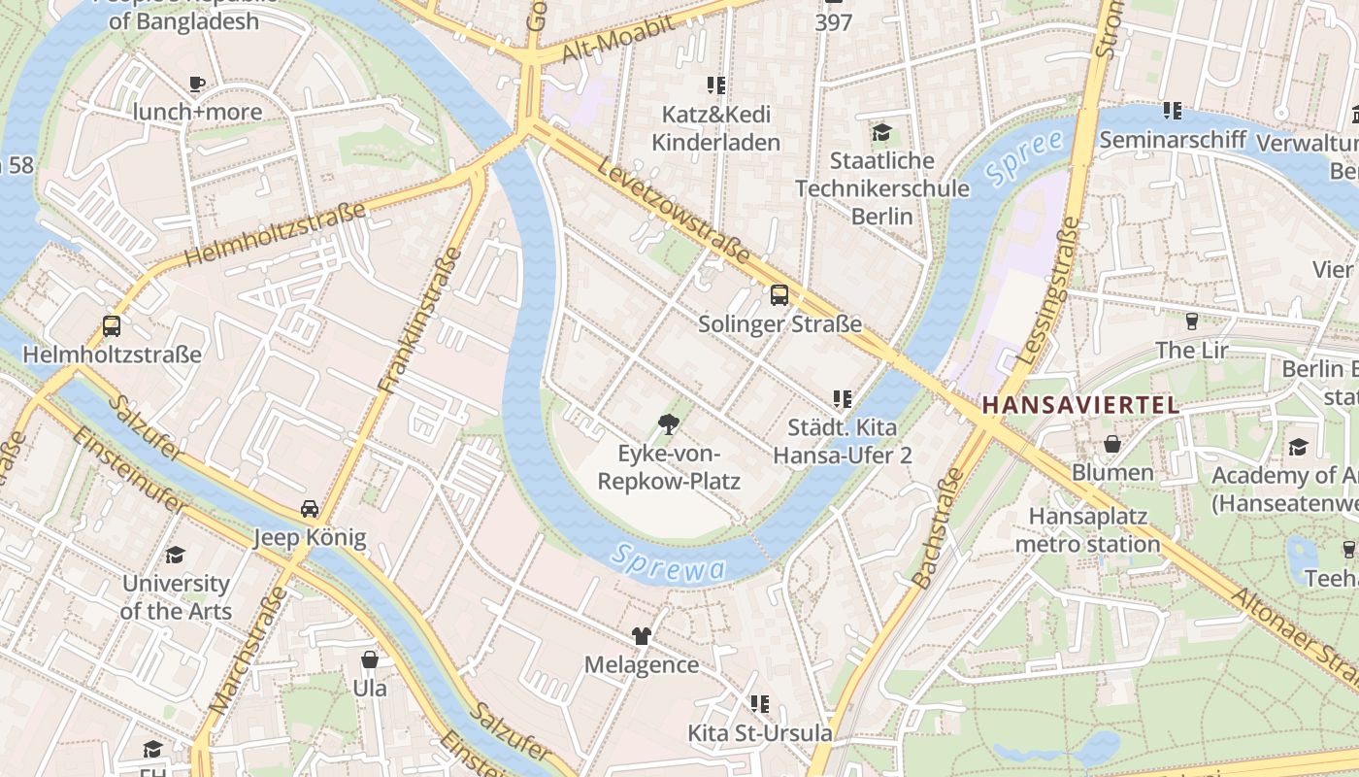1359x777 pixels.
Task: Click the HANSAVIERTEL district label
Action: [x=1080, y=406]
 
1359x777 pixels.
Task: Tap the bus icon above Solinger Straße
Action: [x=779, y=295]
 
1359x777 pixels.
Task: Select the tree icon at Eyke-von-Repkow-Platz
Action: [x=668, y=423]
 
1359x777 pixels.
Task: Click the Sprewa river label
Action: [x=670, y=562]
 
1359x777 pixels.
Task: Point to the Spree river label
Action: [x=1024, y=157]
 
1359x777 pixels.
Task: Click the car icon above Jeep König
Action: [x=309, y=509]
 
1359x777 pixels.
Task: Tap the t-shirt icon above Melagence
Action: [x=641, y=636]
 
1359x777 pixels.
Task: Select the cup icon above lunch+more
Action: [x=197, y=84]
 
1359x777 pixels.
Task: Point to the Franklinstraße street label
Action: [x=419, y=321]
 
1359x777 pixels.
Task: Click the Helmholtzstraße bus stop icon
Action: [x=112, y=326]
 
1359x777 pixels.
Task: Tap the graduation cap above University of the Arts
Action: [x=175, y=555]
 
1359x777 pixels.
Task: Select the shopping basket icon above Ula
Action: [x=369, y=660]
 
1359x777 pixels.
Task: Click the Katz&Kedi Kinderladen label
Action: [x=715, y=128]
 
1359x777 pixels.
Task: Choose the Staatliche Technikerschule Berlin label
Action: [x=882, y=187]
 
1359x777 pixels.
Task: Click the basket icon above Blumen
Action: [x=1112, y=445]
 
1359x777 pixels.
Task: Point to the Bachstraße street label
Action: [x=938, y=529]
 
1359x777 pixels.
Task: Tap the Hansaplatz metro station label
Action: [x=1087, y=530]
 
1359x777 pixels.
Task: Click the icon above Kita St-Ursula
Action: [x=759, y=703]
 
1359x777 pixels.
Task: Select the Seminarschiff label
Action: [x=1172, y=140]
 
